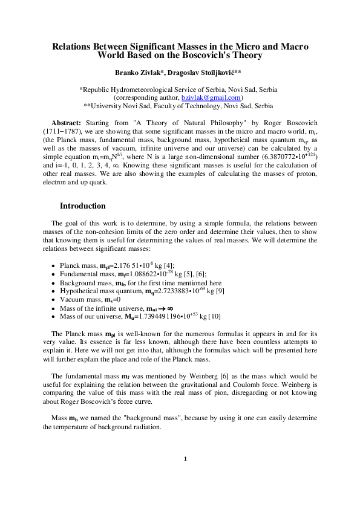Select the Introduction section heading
[x=82, y=206]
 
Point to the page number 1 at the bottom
[x=186, y=458]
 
